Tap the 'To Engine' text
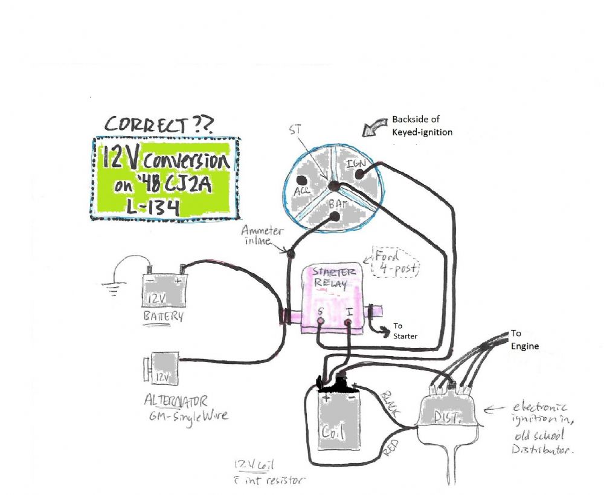click(x=523, y=340)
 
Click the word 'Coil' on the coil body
click(x=334, y=433)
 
